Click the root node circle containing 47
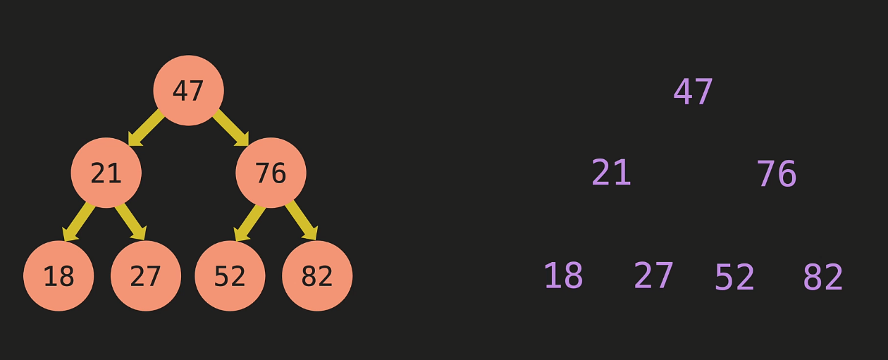click(x=188, y=90)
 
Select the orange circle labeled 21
click(x=106, y=173)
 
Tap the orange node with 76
click(x=271, y=173)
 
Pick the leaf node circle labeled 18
click(x=58, y=275)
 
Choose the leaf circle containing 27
click(x=146, y=275)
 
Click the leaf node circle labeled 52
click(x=230, y=275)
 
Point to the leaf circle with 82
click(x=317, y=275)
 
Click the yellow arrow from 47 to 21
click(x=146, y=128)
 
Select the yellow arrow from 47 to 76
click(x=230, y=128)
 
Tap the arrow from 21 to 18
click(x=79, y=221)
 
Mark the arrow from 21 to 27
click(x=130, y=221)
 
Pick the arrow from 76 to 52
click(x=249, y=221)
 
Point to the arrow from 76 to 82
click(x=302, y=221)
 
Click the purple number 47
click(x=693, y=92)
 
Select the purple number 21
click(x=611, y=173)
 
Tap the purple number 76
click(x=776, y=174)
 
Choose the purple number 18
click(x=563, y=276)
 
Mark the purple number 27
click(x=653, y=276)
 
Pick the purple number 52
click(x=734, y=278)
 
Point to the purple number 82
click(x=822, y=278)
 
